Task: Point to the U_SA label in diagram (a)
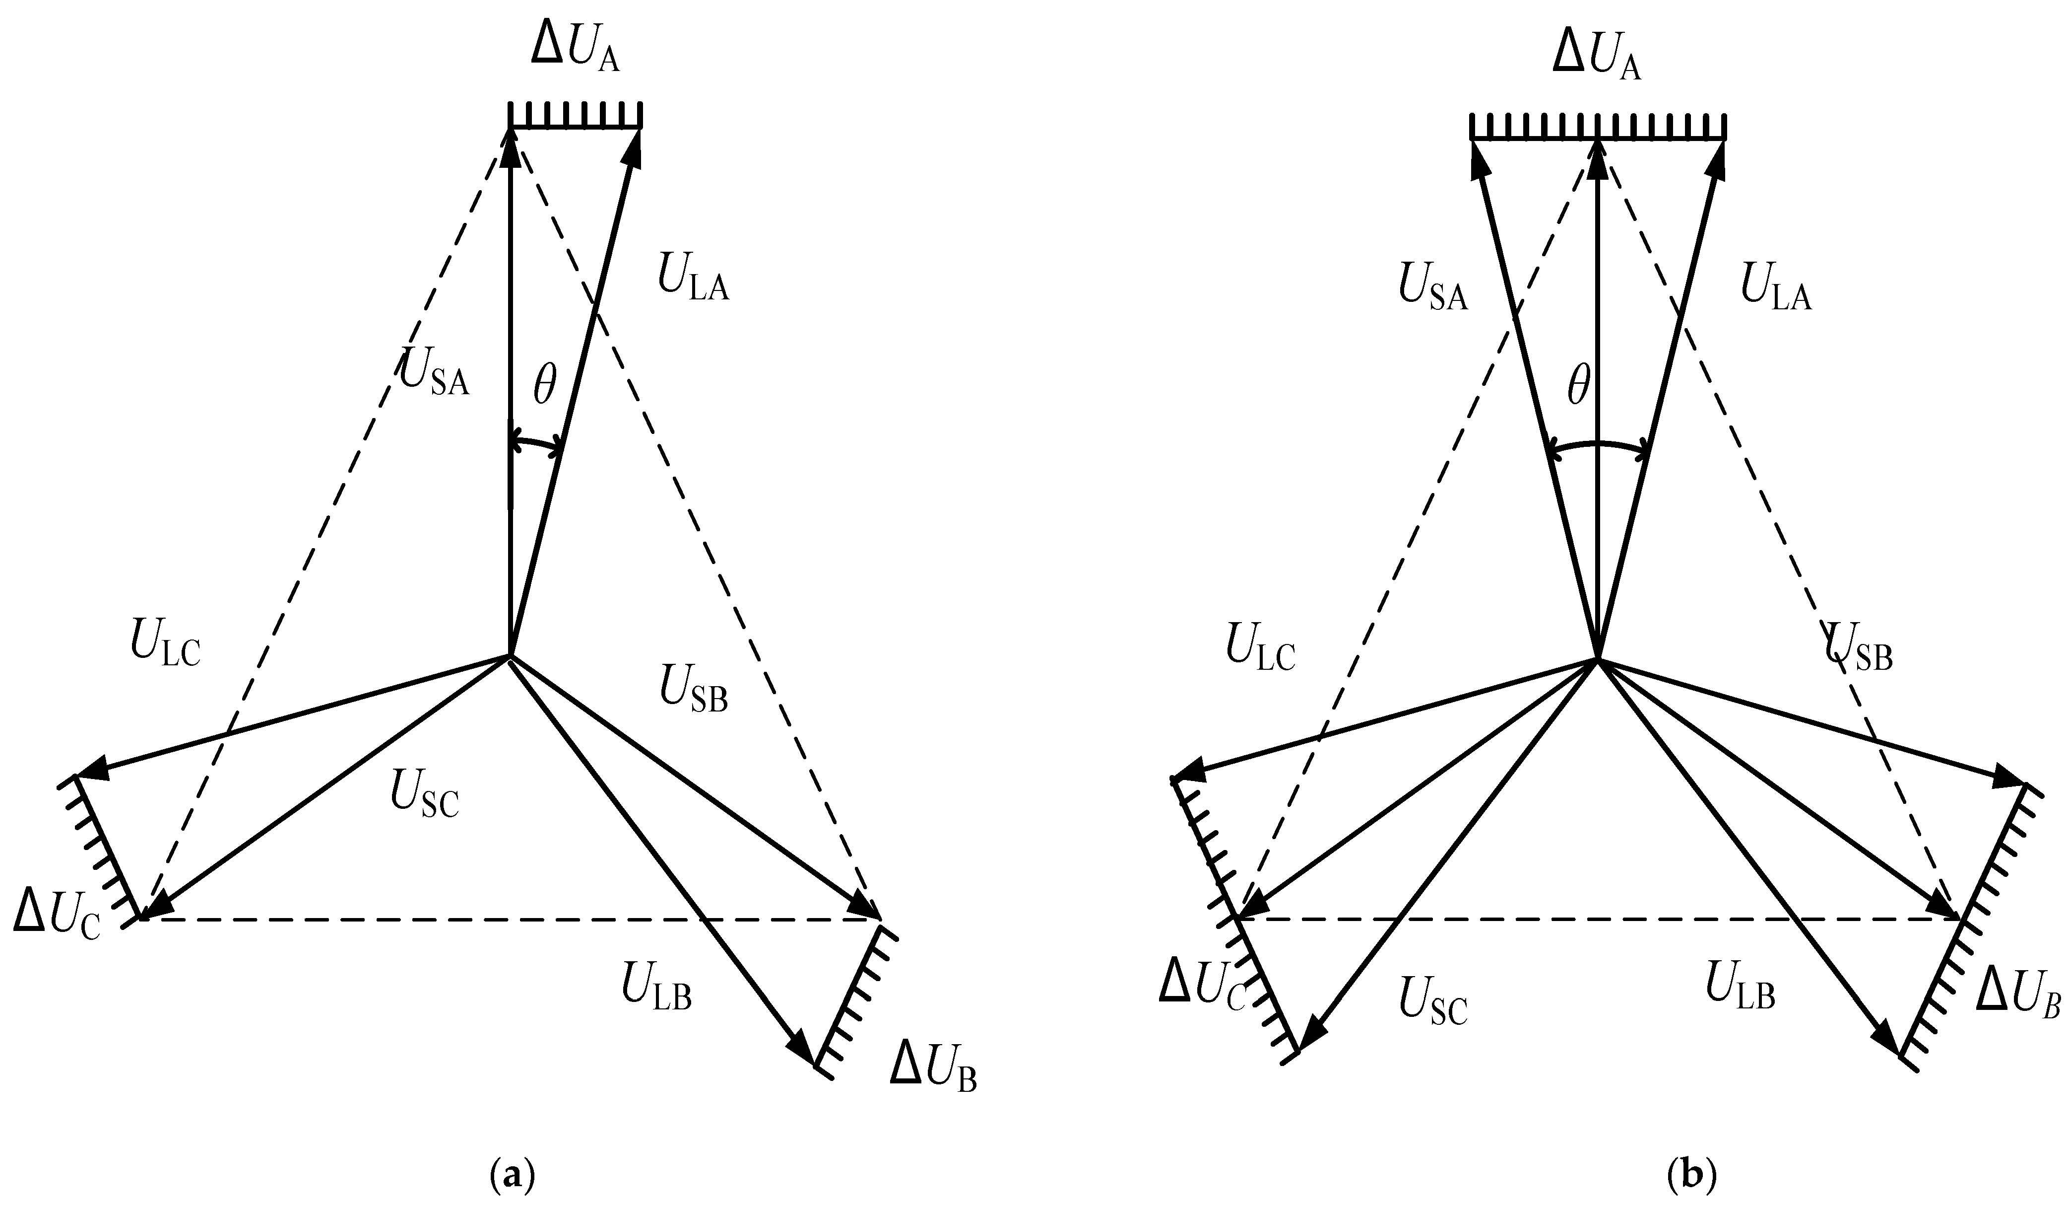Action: (x=434, y=372)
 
